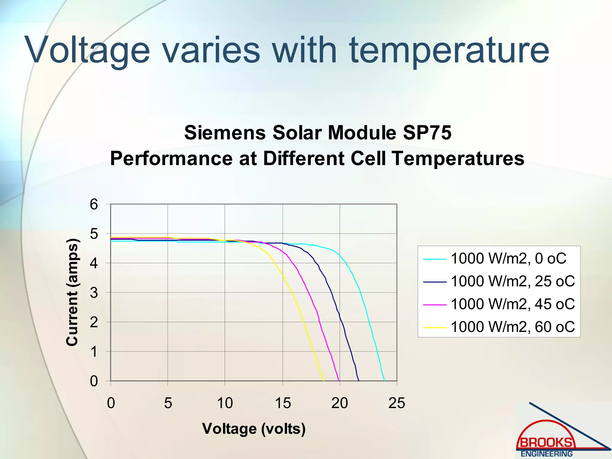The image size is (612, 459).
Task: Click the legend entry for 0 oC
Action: click(x=508, y=258)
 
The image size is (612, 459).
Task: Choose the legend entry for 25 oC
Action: click(x=512, y=281)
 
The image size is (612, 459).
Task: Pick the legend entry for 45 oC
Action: click(x=512, y=304)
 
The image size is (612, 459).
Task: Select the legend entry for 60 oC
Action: click(x=512, y=327)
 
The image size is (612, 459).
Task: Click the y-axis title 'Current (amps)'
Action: click(x=72, y=292)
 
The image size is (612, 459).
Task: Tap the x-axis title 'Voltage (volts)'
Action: click(x=254, y=429)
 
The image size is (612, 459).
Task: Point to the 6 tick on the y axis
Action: click(x=94, y=205)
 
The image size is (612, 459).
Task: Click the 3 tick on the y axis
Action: click(x=94, y=293)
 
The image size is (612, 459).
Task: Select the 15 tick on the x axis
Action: click(x=282, y=403)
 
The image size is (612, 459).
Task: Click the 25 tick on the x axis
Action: click(x=397, y=403)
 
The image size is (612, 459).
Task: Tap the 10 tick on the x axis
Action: click(x=225, y=403)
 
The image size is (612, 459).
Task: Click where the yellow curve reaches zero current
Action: click(x=324, y=381)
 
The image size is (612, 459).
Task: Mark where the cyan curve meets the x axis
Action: click(x=384, y=381)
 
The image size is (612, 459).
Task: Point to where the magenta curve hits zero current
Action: click(x=339, y=381)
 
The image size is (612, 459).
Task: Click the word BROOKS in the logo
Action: click(x=546, y=443)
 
